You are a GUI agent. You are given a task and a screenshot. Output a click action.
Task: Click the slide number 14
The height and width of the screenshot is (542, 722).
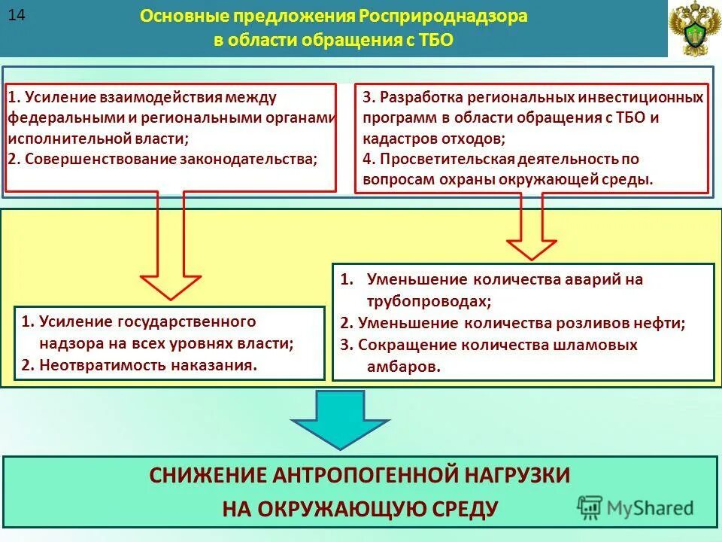click(17, 15)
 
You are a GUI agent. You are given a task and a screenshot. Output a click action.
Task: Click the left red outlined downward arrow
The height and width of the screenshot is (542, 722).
click(171, 248)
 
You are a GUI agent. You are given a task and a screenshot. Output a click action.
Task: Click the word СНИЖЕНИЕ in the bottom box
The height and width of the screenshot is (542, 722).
click(205, 475)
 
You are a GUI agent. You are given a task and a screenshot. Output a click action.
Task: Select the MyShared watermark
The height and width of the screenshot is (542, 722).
click(636, 507)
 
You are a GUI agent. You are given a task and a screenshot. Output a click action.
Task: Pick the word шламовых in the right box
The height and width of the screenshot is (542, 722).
click(602, 345)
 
